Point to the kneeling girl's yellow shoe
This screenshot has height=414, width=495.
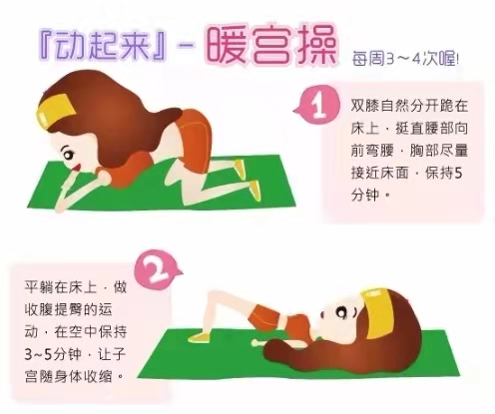[253, 186]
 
